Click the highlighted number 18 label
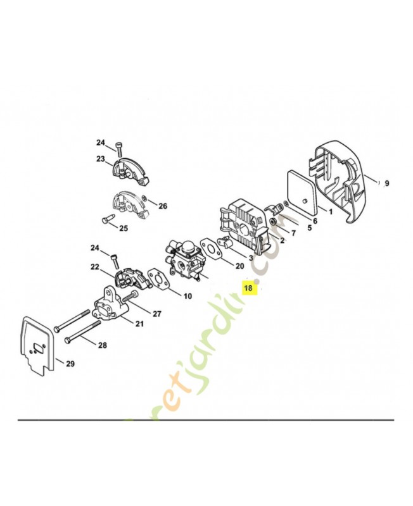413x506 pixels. click(248, 288)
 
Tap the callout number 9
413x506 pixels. click(387, 183)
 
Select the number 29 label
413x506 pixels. click(70, 364)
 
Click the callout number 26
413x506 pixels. click(163, 206)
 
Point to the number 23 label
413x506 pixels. click(100, 159)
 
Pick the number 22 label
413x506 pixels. click(95, 268)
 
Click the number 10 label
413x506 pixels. click(187, 296)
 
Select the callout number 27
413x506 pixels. click(156, 313)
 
